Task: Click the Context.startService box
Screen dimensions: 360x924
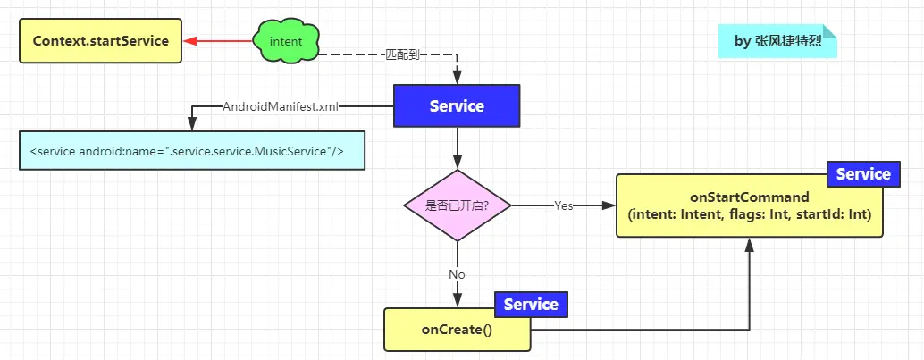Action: click(x=100, y=41)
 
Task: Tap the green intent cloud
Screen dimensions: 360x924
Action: click(x=285, y=41)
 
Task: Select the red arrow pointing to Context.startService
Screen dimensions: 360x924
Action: click(x=218, y=41)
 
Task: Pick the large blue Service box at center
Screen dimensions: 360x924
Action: click(x=457, y=106)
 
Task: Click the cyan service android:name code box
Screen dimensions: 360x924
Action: click(x=191, y=151)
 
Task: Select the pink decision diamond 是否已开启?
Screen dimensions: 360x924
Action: click(x=457, y=205)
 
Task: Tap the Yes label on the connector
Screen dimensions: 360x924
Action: click(x=563, y=205)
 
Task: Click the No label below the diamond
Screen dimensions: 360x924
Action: click(x=457, y=274)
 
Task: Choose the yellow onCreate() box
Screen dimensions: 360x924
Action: click(x=457, y=330)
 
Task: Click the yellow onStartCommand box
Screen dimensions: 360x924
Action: click(x=749, y=206)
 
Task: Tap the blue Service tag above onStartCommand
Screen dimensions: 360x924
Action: click(x=862, y=174)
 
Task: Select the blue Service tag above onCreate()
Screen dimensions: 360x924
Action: click(x=531, y=305)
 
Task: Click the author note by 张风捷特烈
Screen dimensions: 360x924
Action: click(x=777, y=41)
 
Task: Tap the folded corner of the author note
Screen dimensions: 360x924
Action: click(x=829, y=31)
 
